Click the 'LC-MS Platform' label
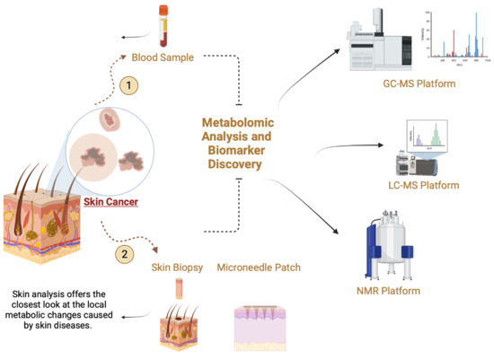point(425,185)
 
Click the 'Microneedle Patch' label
point(259,267)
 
